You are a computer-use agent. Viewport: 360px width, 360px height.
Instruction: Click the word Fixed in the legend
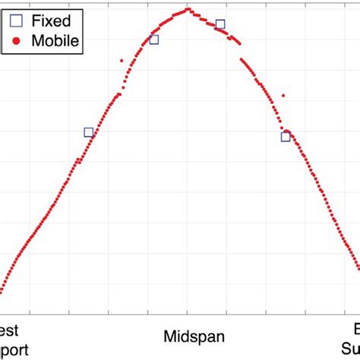pyautogui.click(x=51, y=21)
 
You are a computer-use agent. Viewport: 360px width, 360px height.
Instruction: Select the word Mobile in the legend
pyautogui.click(x=55, y=41)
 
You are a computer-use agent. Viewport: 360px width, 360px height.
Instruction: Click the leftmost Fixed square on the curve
pyautogui.click(x=89, y=132)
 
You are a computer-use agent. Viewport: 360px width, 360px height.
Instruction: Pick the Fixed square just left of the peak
pyautogui.click(x=154, y=39)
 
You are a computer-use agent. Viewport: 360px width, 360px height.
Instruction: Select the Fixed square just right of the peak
pyautogui.click(x=220, y=24)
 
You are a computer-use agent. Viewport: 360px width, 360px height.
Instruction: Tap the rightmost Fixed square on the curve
pyautogui.click(x=286, y=137)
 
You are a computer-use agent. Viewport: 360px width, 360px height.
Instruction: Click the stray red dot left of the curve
pyautogui.click(x=122, y=60)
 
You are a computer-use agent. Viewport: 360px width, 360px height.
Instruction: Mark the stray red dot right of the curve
pyautogui.click(x=283, y=95)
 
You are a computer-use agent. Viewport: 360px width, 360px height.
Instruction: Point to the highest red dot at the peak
pyautogui.click(x=188, y=9)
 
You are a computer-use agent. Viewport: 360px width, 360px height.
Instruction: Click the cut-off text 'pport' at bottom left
pyautogui.click(x=15, y=349)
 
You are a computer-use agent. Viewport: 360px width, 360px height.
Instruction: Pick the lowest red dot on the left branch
pyautogui.click(x=2, y=290)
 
